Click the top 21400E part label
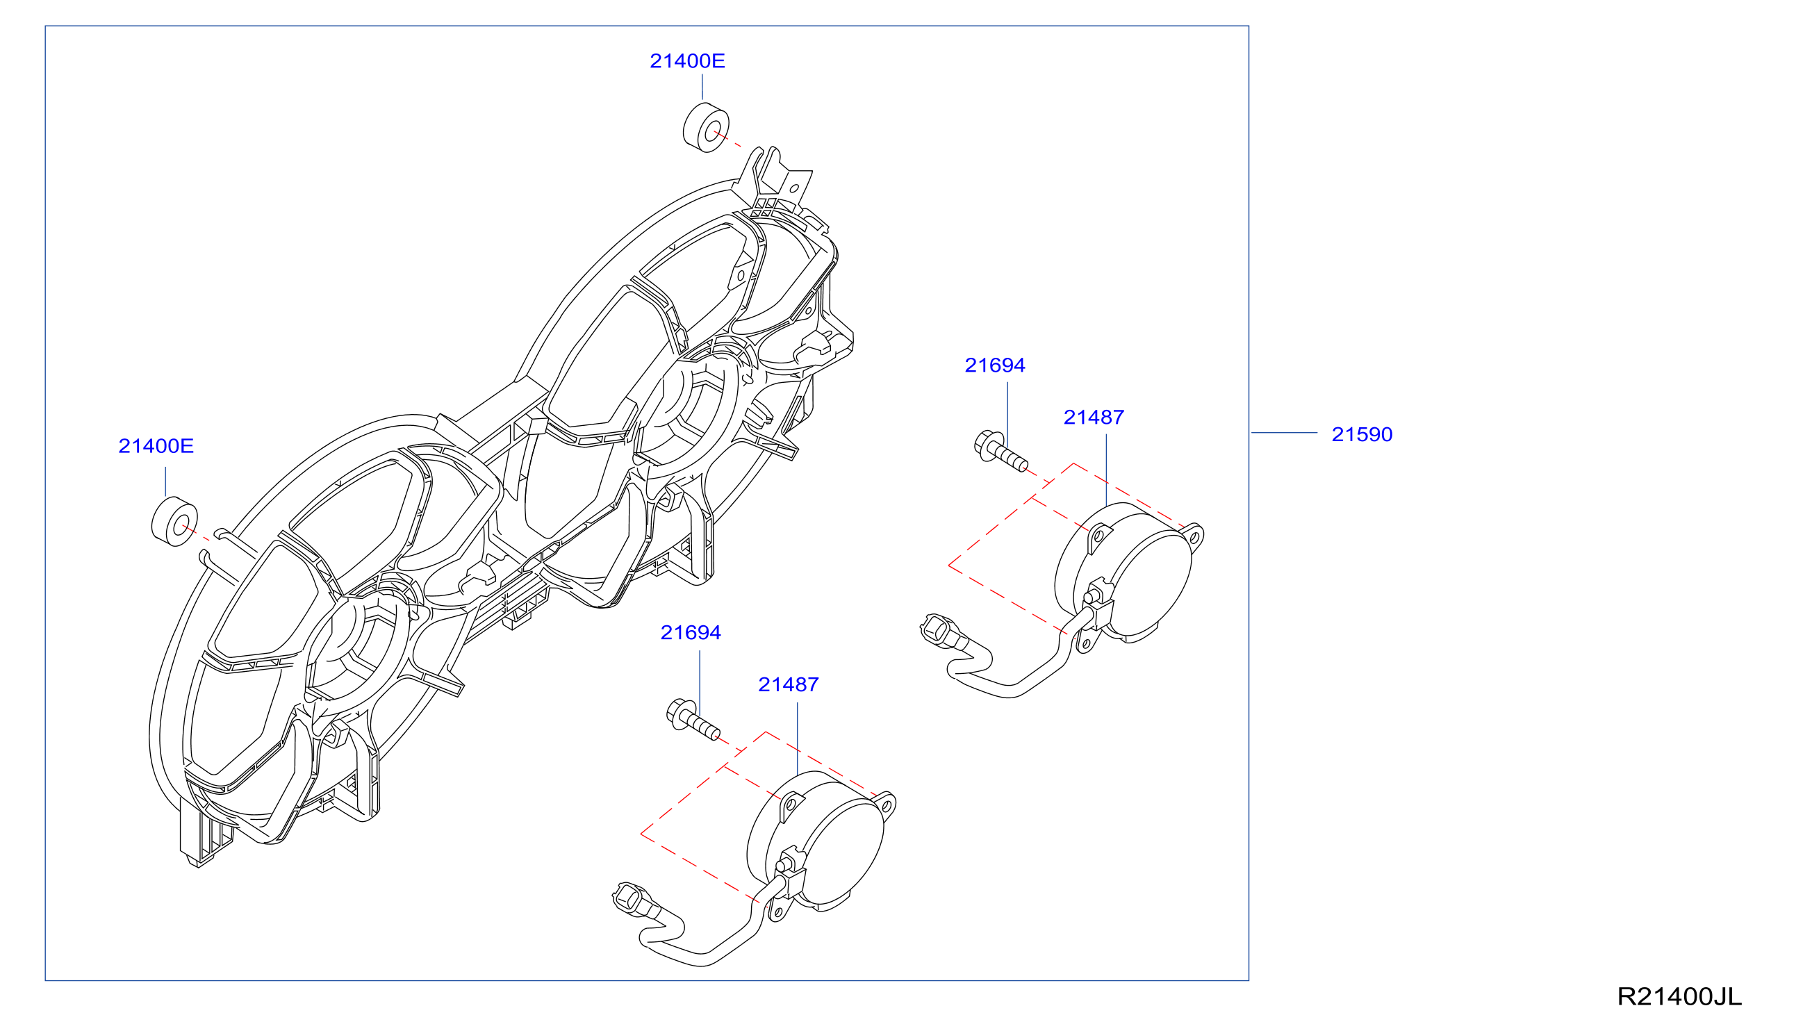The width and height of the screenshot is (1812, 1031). (x=687, y=61)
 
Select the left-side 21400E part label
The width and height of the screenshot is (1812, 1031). (x=156, y=446)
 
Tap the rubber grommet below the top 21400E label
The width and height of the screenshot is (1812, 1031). (x=706, y=127)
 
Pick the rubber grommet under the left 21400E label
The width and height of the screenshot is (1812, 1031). (x=174, y=522)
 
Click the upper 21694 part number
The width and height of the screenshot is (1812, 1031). (x=995, y=365)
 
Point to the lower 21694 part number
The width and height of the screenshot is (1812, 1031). (x=691, y=632)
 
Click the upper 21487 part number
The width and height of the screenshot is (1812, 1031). (x=1094, y=418)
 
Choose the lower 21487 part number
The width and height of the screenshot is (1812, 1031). (x=788, y=685)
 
